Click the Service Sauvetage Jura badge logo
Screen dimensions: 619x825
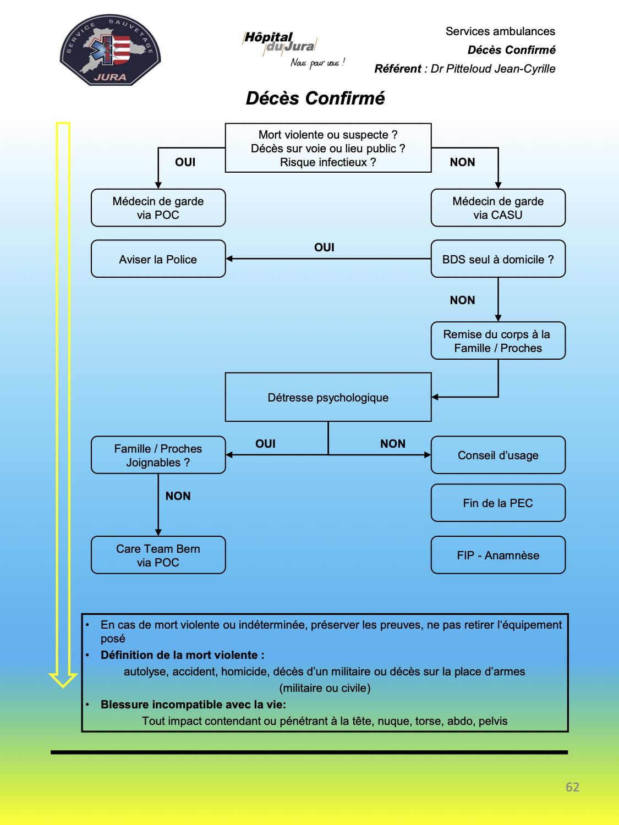[110, 50]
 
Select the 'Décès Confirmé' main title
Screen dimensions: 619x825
[315, 98]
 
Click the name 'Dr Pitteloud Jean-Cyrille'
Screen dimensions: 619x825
[492, 69]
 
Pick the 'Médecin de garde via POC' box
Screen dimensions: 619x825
[158, 208]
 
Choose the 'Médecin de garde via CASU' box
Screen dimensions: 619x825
[498, 208]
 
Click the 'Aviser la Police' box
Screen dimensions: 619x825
[158, 259]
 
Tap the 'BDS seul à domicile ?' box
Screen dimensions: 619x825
[498, 259]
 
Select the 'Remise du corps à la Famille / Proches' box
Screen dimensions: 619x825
[498, 340]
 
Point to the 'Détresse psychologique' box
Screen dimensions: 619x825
[328, 397]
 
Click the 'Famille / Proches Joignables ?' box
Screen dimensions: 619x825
[158, 455]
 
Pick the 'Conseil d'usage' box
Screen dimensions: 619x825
[498, 455]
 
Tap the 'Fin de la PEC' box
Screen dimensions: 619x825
[498, 503]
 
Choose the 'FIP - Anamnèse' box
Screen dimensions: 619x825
[498, 555]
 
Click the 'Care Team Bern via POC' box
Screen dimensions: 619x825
[158, 555]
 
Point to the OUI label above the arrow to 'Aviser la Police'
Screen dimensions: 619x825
[324, 248]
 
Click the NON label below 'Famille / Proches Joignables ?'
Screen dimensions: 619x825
[178, 496]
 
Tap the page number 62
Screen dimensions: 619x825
[572, 787]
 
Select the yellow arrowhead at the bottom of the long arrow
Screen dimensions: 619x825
[63, 680]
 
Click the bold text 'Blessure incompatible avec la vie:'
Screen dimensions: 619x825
[193, 705]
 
